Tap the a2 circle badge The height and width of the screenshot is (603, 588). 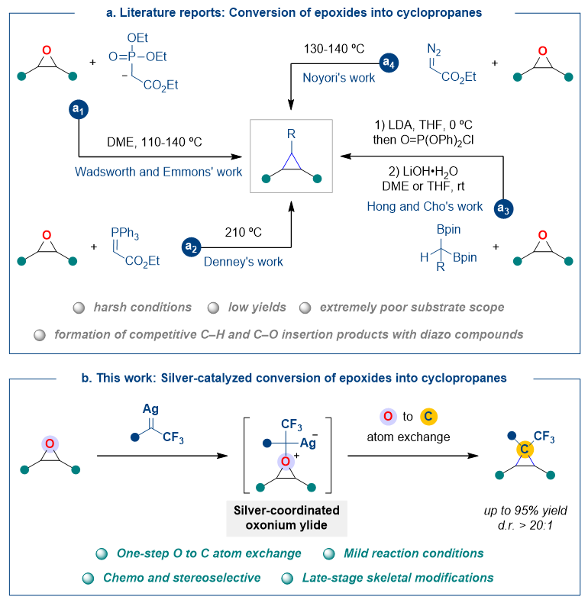[191, 247]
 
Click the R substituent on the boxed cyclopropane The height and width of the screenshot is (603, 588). [291, 134]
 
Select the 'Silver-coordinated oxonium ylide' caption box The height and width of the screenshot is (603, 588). [286, 519]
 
